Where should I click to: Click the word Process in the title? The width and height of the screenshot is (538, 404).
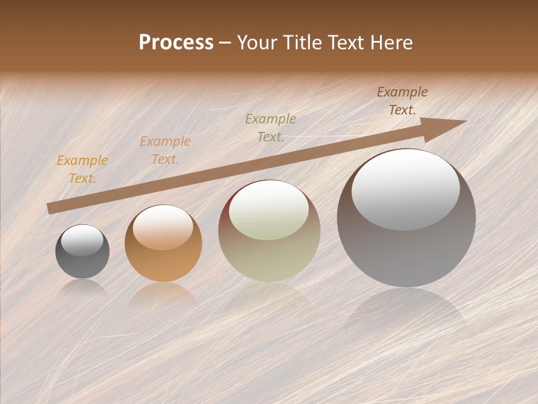click(176, 43)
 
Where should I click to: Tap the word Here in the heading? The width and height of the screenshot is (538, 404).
click(390, 43)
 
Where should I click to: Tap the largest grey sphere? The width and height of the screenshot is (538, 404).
click(406, 247)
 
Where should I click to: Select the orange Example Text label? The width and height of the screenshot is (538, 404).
click(165, 150)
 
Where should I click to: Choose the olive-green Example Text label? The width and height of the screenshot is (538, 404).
click(271, 128)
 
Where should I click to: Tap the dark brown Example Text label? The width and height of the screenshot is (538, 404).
click(402, 101)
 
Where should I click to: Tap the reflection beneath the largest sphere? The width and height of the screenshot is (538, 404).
click(406, 309)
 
